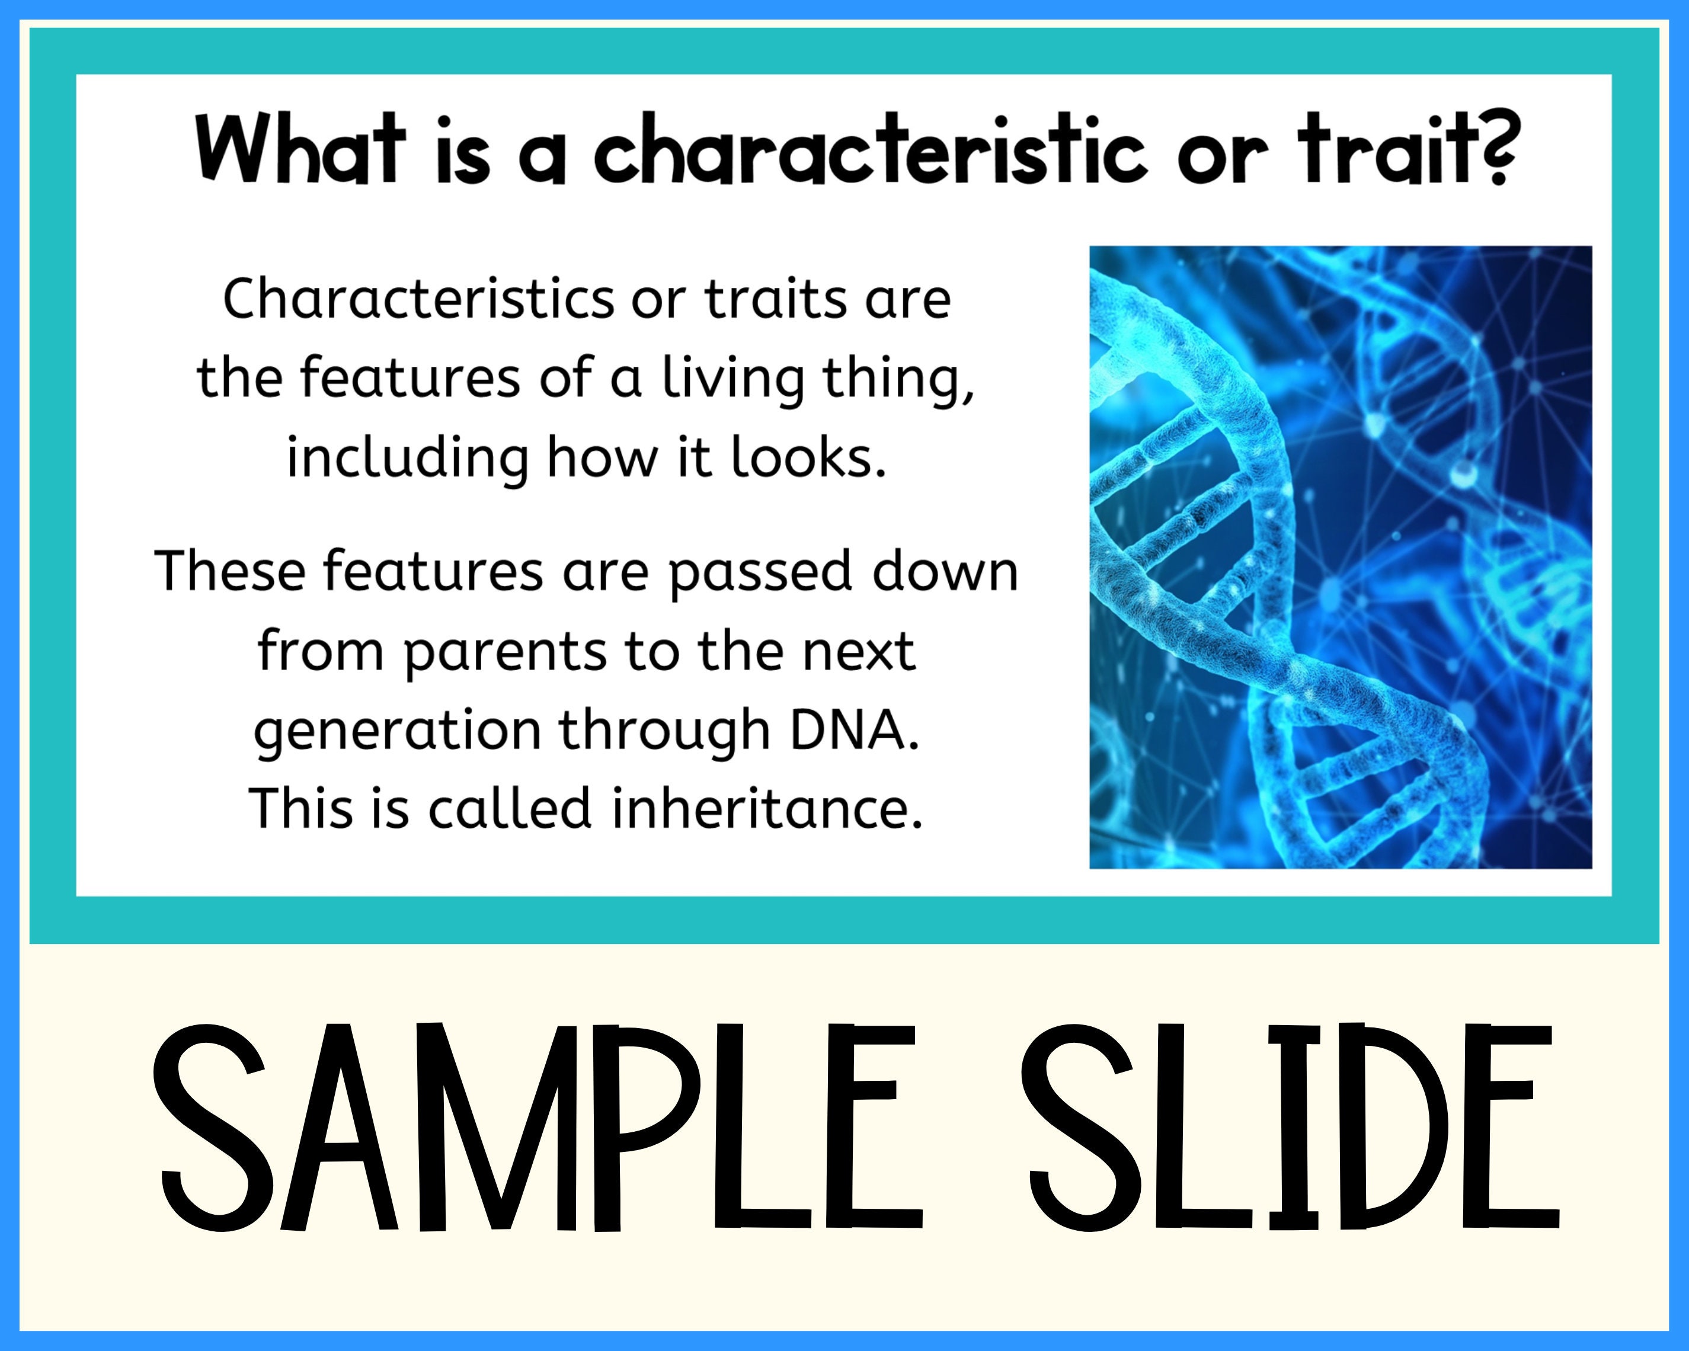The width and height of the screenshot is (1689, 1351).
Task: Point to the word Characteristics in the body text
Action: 419,299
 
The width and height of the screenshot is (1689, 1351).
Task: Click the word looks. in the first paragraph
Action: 808,458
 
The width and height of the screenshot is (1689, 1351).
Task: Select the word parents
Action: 506,652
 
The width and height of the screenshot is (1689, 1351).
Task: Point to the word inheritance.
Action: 767,808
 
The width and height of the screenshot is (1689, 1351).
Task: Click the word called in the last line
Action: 509,808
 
